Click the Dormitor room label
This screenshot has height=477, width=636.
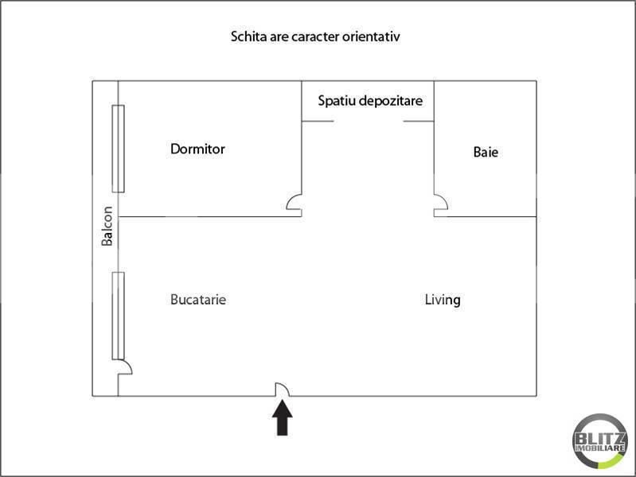197,149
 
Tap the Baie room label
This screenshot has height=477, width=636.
486,152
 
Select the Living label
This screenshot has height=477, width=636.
443,300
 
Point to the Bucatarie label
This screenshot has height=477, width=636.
198,300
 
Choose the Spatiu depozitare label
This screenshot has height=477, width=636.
370,101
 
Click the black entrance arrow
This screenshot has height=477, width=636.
283,418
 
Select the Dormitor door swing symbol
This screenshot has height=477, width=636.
294,204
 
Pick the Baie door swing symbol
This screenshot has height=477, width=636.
440,204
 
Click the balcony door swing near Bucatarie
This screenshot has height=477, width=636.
124,367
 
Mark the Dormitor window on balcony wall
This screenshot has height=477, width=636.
118,149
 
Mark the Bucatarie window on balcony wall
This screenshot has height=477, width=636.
118,315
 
